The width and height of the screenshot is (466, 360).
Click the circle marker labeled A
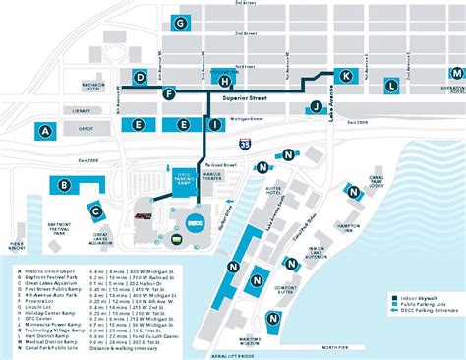(44, 130)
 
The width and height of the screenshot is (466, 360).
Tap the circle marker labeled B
(64, 184)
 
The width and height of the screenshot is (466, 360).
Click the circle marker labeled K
(345, 76)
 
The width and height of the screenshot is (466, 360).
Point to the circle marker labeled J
(317, 107)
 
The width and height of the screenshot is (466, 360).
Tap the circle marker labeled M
(456, 74)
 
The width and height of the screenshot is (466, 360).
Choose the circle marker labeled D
(141, 77)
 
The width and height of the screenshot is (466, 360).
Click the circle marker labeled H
(225, 82)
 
